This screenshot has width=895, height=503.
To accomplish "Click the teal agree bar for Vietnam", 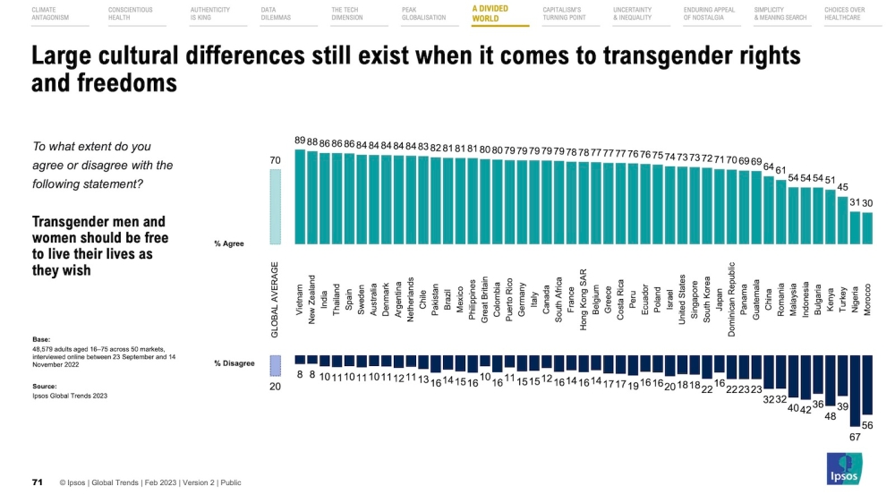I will pos(301,197).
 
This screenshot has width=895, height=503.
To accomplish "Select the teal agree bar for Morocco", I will pos(866,228).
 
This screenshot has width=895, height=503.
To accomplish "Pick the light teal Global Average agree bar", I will pos(276,207).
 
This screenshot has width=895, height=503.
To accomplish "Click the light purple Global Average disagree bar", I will pos(276,364).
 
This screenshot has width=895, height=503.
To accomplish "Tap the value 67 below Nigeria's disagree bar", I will pos(855,437).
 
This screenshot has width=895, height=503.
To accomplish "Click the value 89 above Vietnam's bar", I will pos(301,141).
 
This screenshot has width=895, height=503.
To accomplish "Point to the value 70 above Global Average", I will pos(276,160).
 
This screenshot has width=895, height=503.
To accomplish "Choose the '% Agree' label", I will pos(229,243).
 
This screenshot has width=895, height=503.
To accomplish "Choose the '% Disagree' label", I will pos(234,362).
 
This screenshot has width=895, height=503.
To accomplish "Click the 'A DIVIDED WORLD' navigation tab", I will pos(490,13).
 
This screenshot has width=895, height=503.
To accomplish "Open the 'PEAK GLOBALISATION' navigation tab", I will pos(424,13).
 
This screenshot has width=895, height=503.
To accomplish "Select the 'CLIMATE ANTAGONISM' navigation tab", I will pos(50,13).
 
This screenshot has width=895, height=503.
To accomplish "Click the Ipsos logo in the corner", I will pos(842,469).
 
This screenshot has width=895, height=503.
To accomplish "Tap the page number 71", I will pos(38,482).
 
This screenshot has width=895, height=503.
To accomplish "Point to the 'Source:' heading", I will pos(45,387).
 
